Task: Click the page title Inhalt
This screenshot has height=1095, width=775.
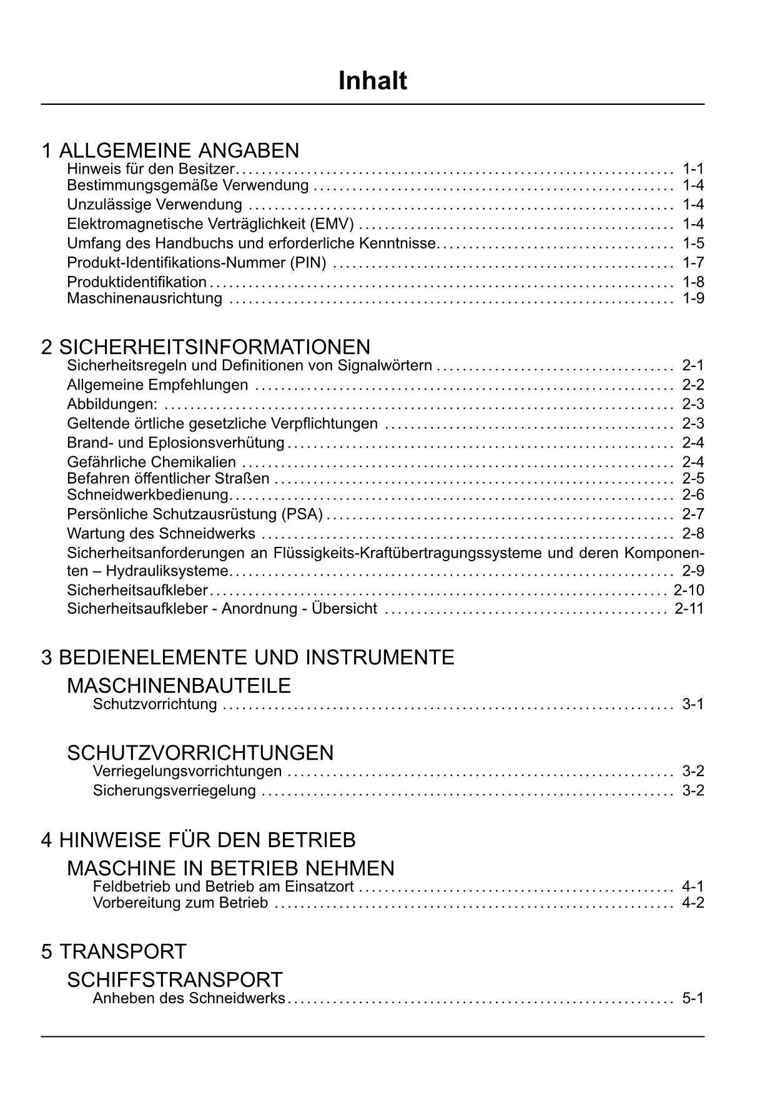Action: point(372,81)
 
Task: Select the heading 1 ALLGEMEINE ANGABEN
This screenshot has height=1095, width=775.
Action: point(170,150)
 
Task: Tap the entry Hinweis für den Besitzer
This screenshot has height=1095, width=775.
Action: point(151,169)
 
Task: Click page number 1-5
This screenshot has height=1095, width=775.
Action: point(693,243)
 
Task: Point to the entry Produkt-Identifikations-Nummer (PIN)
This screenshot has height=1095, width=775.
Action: point(197,262)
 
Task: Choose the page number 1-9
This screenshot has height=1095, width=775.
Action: point(693,298)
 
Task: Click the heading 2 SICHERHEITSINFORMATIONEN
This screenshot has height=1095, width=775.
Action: point(205,346)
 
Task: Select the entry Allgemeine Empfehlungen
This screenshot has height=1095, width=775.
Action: point(157,385)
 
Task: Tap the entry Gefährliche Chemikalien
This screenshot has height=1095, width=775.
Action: point(152,462)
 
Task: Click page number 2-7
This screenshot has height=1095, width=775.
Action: point(693,514)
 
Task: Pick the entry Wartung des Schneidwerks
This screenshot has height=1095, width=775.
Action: point(161,533)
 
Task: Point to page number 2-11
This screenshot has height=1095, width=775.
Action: point(689,608)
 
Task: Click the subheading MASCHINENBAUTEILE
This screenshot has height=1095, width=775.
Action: point(179,685)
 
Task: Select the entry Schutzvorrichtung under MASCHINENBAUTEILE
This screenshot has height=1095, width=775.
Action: point(155,704)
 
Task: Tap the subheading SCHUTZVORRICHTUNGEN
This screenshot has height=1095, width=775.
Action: point(200,752)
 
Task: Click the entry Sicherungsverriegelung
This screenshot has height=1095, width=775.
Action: point(174,790)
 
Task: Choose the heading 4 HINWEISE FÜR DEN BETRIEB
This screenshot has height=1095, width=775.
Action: point(198,840)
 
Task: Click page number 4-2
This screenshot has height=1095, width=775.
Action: point(693,903)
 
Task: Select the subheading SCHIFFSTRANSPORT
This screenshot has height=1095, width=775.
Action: point(174,980)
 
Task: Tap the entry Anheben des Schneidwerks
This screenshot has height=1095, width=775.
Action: point(189,998)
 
